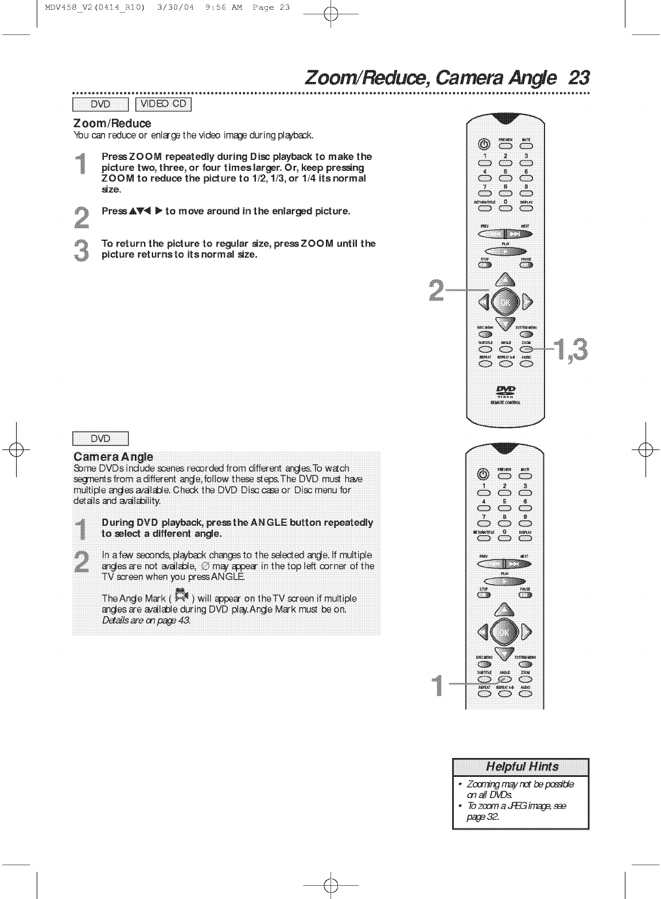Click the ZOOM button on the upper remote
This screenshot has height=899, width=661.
526,349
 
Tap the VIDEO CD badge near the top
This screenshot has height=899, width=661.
164,104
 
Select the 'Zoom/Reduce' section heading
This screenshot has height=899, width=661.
112,123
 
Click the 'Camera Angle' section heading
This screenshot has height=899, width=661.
113,457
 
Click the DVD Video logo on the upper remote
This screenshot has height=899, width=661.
504,391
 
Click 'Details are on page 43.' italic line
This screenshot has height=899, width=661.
146,621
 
